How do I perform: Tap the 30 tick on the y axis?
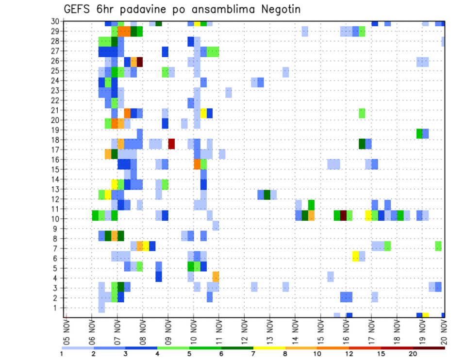[x=55, y=21]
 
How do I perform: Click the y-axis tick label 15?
[x=55, y=169]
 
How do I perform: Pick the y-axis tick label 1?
[x=57, y=308]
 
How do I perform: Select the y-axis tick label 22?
[x=55, y=100]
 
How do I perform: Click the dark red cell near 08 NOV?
[x=140, y=62]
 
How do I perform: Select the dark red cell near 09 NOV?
[x=171, y=144]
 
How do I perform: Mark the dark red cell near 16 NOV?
[x=343, y=215]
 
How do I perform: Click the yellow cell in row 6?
[x=356, y=256]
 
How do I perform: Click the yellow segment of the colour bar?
[x=269, y=347]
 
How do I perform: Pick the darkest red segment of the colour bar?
[x=429, y=347]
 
